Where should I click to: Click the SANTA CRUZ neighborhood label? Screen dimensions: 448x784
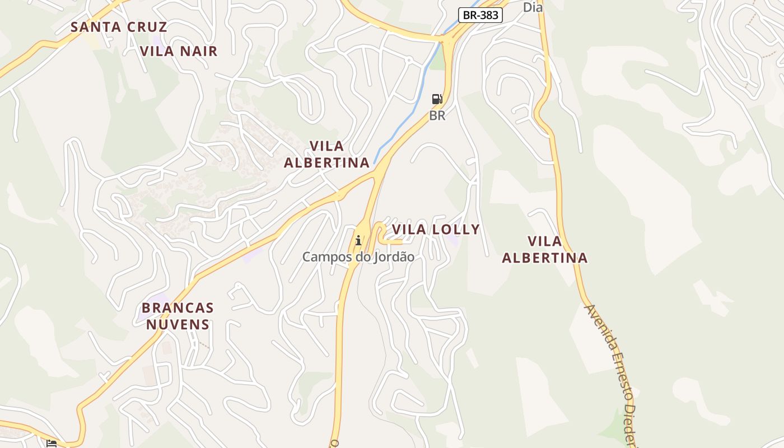[119, 27]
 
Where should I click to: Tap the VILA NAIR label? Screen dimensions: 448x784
[179, 51]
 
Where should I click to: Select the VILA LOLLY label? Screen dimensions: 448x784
[436, 229]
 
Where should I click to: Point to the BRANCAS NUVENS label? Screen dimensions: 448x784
[178, 316]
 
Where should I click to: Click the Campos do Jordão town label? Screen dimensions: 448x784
[358, 257]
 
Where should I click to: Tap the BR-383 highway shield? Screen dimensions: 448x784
[480, 15]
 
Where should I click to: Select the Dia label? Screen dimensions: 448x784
[533, 7]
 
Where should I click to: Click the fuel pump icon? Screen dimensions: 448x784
[437, 100]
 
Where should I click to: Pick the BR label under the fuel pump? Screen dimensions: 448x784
[437, 116]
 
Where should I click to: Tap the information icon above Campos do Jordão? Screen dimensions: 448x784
[358, 241]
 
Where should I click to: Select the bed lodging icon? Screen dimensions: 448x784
[52, 444]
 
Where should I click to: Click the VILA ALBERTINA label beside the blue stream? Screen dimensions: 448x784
[326, 154]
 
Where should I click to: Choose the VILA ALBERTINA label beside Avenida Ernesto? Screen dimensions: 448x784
[544, 249]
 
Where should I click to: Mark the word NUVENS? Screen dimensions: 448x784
[178, 324]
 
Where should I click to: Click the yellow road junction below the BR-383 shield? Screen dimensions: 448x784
[447, 40]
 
